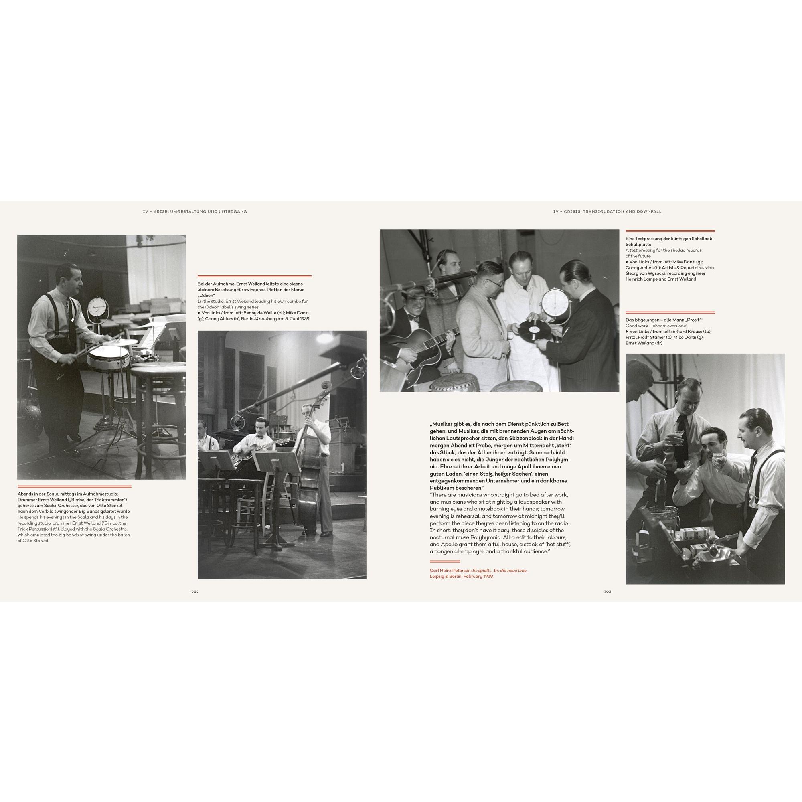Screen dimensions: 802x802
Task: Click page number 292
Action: pyautogui.click(x=195, y=592)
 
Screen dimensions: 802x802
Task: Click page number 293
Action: pyautogui.click(x=607, y=592)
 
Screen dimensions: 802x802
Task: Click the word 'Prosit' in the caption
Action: pyautogui.click(x=693, y=320)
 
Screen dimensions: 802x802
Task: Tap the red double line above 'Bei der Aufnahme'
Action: pyautogui.click(x=255, y=276)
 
